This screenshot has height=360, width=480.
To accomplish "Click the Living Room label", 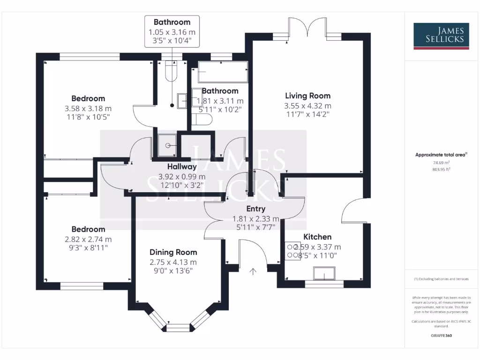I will [307, 96].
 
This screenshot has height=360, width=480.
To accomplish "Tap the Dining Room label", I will [173, 252].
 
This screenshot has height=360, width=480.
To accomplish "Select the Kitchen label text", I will [317, 237].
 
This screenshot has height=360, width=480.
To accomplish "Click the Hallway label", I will [182, 166].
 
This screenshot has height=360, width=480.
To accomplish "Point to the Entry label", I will [255, 209].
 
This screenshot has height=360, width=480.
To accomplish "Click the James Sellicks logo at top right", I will [440, 36].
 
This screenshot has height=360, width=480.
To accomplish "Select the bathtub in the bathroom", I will [222, 72].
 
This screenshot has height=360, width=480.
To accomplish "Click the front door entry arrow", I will [254, 271].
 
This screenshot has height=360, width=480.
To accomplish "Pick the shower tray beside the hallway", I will [166, 145].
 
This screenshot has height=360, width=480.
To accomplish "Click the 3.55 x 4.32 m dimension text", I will [307, 106].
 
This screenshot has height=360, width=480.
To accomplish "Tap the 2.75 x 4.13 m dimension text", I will [173, 262].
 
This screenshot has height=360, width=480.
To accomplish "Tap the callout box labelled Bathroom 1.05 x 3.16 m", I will [172, 31].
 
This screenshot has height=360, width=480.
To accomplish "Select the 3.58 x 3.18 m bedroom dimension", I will [88, 108].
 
